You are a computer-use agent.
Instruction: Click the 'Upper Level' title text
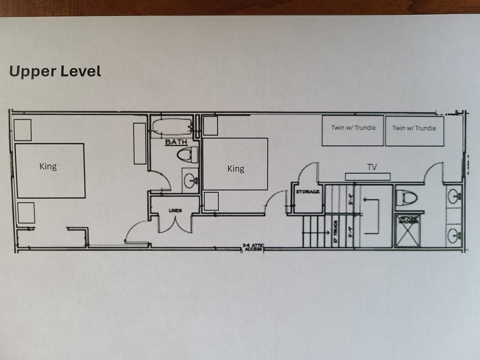click(x=55, y=71)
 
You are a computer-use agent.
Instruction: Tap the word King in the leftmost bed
click(x=48, y=166)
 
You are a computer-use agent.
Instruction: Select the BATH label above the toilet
click(x=176, y=142)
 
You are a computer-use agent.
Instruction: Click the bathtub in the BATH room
click(x=172, y=127)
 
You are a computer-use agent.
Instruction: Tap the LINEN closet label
click(x=174, y=210)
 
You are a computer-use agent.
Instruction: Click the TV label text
click(x=371, y=167)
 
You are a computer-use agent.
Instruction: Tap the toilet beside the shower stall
click(x=406, y=198)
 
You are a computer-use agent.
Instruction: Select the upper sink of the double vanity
click(x=454, y=196)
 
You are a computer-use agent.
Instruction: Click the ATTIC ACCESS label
click(x=253, y=246)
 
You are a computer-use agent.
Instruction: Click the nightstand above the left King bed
click(x=22, y=130)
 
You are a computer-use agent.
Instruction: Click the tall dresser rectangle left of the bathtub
click(x=139, y=143)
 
